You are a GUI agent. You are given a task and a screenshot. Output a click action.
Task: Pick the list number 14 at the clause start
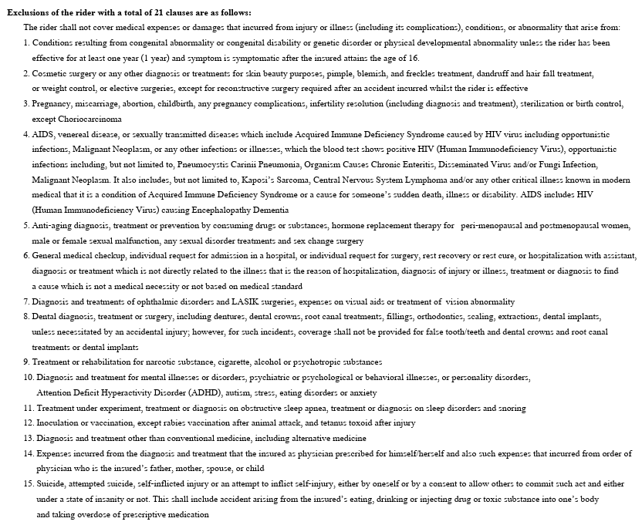tap(28, 453)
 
